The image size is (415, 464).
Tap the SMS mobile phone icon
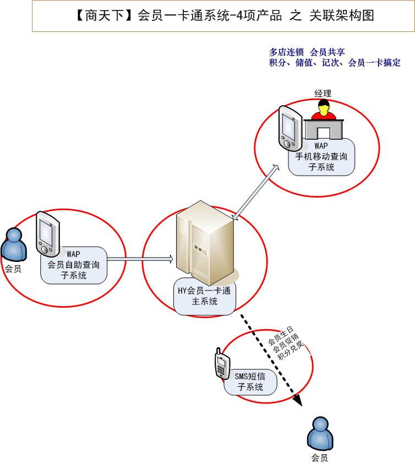[x=221, y=364]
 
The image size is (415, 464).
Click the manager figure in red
[x=323, y=111]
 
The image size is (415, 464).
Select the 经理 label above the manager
[x=323, y=93]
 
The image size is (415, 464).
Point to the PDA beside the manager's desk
[x=289, y=128]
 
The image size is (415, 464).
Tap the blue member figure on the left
[x=14, y=245]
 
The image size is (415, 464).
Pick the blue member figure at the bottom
[x=320, y=433]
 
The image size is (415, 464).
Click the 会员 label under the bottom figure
[x=320, y=457]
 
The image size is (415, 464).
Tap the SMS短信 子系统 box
[x=250, y=381]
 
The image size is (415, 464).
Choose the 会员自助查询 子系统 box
[x=74, y=265]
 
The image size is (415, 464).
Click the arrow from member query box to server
[x=140, y=258]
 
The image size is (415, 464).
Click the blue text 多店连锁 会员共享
[x=307, y=52]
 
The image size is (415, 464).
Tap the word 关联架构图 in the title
[x=346, y=16]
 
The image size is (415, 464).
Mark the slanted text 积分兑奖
[x=291, y=350]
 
